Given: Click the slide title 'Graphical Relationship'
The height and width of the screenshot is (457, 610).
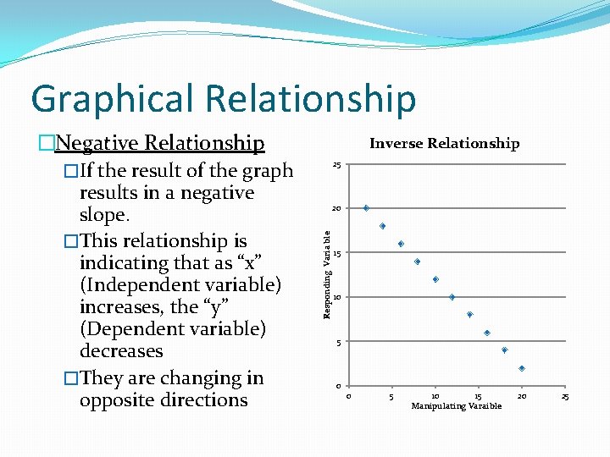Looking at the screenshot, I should [x=224, y=99].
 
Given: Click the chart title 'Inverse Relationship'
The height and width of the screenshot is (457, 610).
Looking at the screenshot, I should [x=444, y=144].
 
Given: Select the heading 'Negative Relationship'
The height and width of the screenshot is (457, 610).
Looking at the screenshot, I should [x=159, y=143].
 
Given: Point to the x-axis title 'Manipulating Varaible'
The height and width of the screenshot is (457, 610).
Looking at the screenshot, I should [x=456, y=406].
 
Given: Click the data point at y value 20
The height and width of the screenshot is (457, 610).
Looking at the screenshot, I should [x=366, y=208].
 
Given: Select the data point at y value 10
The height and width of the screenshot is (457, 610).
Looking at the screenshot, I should [x=452, y=297].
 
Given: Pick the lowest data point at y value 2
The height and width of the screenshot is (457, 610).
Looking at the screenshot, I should [x=522, y=368].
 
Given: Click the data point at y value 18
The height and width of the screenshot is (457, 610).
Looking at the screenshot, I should [x=383, y=226].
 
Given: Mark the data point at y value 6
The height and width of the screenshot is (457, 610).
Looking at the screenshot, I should [x=487, y=333].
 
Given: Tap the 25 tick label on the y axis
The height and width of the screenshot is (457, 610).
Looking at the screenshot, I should [x=336, y=164].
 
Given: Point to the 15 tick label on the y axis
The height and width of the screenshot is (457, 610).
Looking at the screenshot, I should [x=336, y=253].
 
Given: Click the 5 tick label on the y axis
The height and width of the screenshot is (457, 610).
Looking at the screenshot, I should [x=338, y=342].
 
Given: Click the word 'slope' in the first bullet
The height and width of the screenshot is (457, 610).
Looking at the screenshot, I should [x=103, y=215].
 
